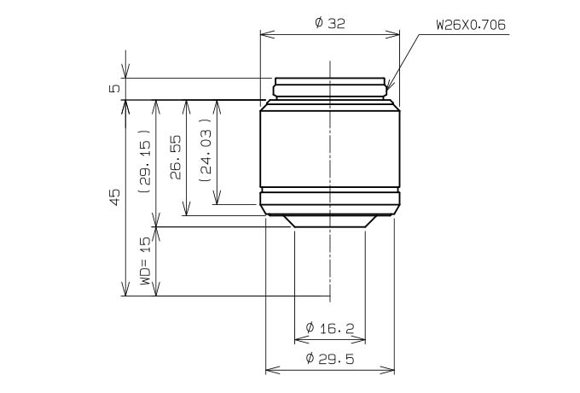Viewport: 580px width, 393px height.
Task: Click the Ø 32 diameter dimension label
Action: coord(330,23)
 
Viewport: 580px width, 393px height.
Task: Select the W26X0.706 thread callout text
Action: coord(471,25)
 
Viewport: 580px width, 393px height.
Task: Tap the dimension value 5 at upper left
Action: coord(115,89)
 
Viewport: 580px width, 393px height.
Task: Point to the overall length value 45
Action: coord(115,197)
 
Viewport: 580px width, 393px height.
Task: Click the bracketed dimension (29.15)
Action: coord(145,161)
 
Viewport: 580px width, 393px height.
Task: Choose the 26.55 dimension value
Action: coord(176,157)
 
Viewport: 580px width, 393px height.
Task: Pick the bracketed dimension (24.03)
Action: coord(206,150)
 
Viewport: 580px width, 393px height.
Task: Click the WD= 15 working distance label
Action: coord(145,261)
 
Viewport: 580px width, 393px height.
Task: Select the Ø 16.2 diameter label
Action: coord(330,328)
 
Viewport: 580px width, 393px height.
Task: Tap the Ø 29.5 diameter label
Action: coord(330,358)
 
